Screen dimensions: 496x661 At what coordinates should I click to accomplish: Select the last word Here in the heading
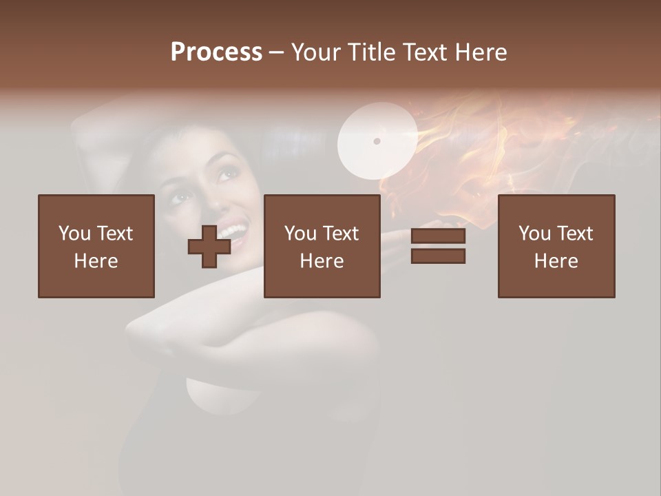481,52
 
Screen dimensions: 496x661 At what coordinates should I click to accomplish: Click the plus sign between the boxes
209,247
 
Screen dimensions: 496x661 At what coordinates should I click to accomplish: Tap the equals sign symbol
438,246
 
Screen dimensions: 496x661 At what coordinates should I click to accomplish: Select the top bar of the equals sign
438,236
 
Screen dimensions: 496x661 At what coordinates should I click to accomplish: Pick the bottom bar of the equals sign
438,256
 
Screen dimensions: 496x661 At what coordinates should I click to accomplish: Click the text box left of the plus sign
96,246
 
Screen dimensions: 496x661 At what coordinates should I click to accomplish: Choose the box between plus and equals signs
322,246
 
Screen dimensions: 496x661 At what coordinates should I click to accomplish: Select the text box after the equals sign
556,246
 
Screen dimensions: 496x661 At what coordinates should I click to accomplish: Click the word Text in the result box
574,234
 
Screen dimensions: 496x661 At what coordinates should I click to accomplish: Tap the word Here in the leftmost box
96,261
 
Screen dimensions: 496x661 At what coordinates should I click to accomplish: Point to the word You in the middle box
300,234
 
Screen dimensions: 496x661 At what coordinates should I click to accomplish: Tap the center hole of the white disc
377,141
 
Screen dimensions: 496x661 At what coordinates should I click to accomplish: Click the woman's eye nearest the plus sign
182,199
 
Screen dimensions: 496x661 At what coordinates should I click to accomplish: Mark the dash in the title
276,53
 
